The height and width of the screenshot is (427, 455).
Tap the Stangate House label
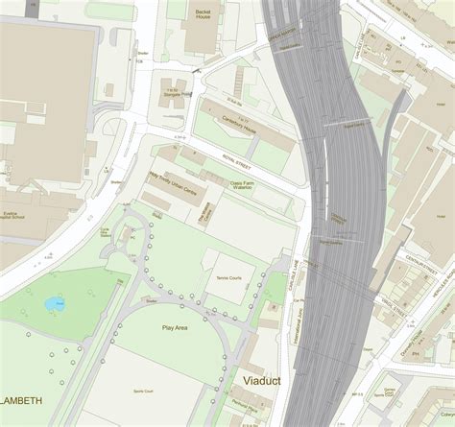[181, 95]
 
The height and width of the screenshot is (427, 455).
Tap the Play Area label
[175, 328]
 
